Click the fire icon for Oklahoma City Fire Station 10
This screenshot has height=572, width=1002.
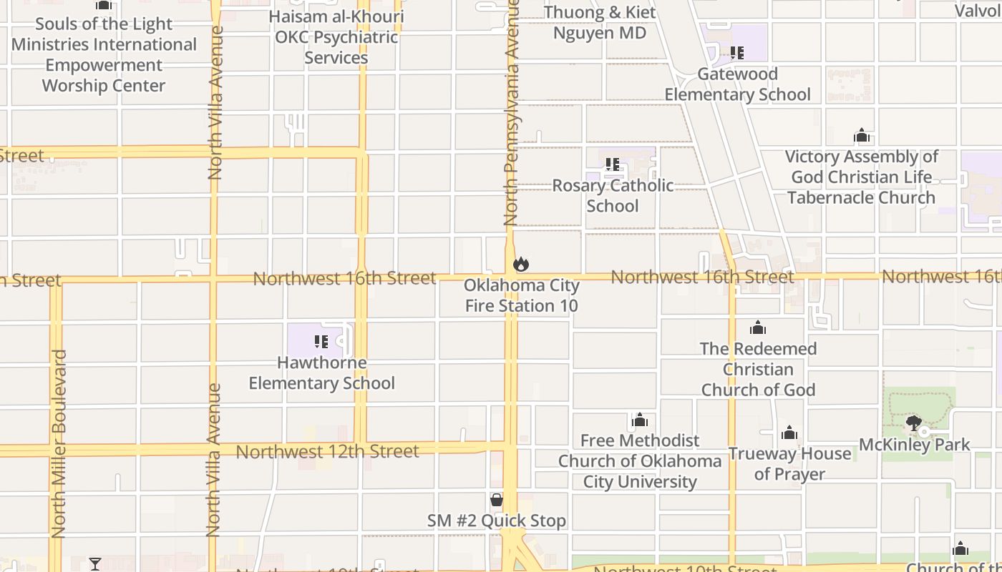tap(521, 264)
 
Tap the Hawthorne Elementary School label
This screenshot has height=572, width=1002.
tap(321, 373)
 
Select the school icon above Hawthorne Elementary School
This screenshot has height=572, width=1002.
tap(321, 342)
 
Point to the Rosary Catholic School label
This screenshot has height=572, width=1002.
tap(613, 195)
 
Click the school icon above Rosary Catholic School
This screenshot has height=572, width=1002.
tap(613, 164)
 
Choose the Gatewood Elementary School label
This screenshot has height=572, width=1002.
tap(737, 84)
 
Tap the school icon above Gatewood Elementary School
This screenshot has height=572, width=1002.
tap(737, 53)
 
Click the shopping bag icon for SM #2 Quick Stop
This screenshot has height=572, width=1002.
tap(497, 500)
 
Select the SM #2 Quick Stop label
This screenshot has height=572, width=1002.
tap(497, 521)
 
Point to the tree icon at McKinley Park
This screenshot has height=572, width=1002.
tap(913, 423)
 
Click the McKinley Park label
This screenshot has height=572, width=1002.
tap(915, 444)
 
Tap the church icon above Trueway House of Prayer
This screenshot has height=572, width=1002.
tap(789, 433)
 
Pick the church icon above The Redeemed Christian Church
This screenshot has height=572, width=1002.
tap(758, 328)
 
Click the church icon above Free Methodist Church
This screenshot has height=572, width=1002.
tap(640, 420)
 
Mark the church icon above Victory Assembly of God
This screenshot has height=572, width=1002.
tap(862, 135)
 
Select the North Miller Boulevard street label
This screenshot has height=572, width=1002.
tap(59, 443)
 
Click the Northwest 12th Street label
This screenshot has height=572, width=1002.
tap(327, 452)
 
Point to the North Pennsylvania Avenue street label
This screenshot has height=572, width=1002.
tap(511, 114)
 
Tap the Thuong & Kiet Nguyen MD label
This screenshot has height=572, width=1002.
tap(600, 22)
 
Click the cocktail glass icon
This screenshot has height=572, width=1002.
tap(95, 564)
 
